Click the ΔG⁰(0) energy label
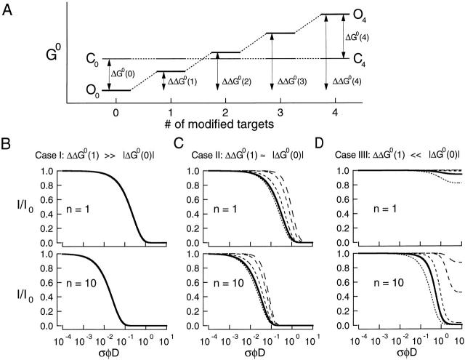tap(123, 74)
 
